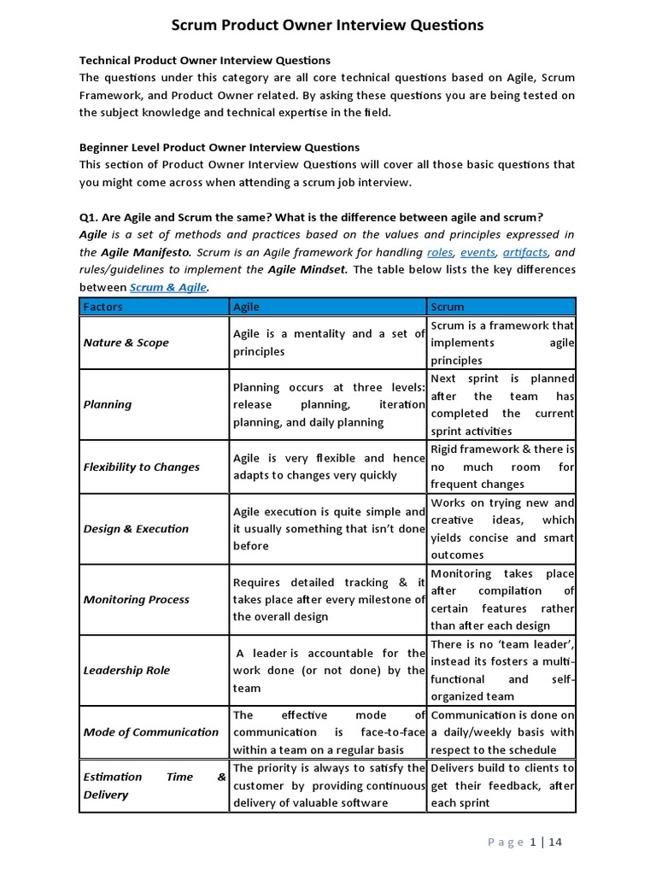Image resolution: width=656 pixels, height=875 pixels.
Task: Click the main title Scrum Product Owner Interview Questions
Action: (328, 26)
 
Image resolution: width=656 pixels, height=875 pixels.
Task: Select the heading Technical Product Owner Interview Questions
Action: (204, 60)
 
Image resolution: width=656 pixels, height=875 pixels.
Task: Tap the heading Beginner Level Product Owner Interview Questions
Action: (220, 147)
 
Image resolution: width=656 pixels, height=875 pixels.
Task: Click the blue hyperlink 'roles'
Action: (439, 252)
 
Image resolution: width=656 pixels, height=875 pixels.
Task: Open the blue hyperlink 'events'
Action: (477, 252)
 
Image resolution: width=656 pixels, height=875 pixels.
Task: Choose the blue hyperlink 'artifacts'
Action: (525, 252)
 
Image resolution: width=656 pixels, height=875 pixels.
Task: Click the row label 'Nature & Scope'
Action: (126, 343)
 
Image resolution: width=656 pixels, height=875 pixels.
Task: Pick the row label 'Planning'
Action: (108, 404)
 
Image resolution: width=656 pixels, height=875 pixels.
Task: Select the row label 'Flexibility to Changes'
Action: (142, 467)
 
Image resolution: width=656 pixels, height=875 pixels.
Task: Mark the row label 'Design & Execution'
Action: (136, 529)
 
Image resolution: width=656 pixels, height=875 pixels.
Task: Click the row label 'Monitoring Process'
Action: (137, 599)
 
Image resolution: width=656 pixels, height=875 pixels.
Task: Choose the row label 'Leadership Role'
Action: (126, 670)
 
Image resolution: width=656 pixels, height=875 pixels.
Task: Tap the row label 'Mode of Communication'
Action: (151, 731)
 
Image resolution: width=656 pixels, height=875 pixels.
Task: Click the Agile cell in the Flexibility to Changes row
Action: (328, 467)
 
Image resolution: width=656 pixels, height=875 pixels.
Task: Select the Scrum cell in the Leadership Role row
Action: (502, 670)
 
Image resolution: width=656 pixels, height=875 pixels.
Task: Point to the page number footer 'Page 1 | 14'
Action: (524, 843)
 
